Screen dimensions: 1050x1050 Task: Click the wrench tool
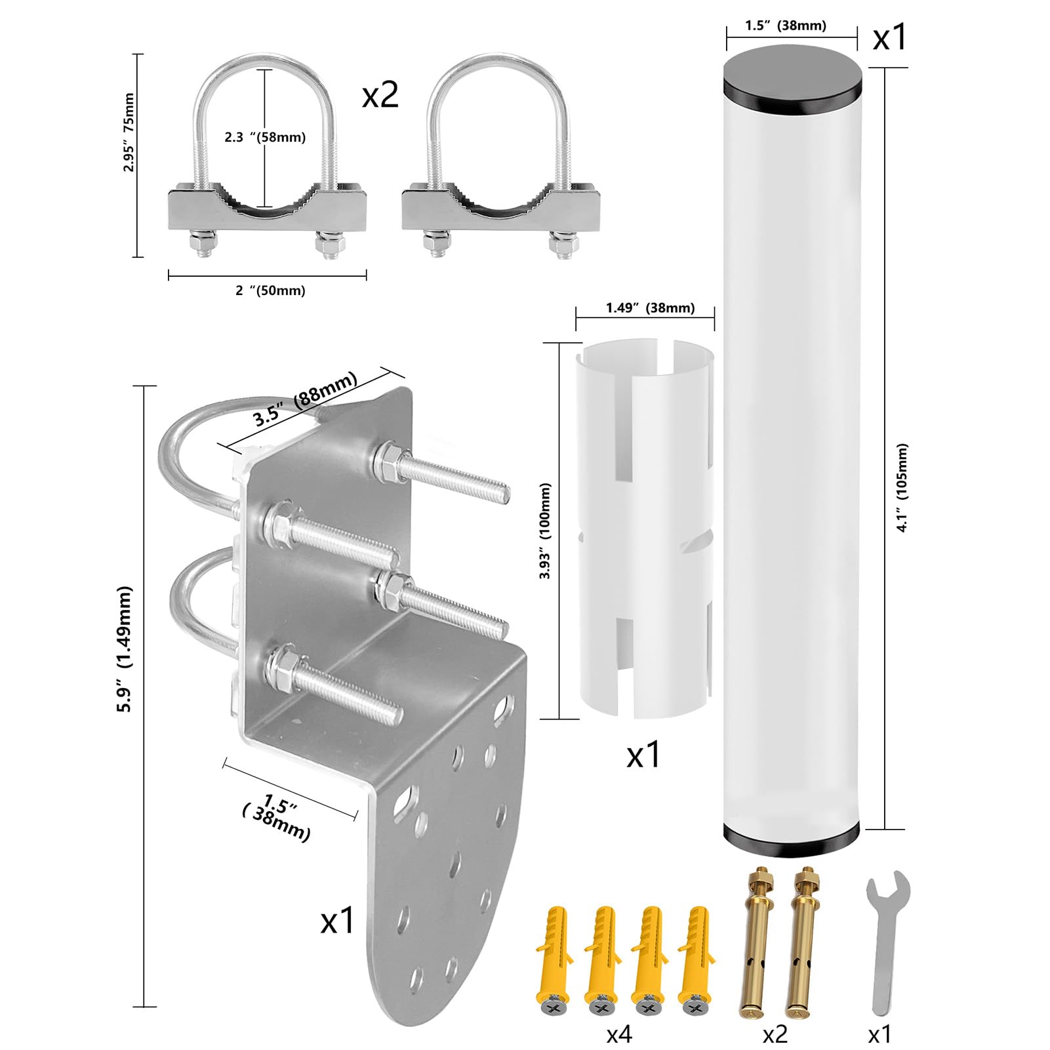pos(886,941)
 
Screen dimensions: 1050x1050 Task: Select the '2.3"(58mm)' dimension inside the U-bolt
pos(265,137)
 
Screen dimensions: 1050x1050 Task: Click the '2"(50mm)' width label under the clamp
pos(270,290)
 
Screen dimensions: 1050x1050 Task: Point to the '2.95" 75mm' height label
pos(129,132)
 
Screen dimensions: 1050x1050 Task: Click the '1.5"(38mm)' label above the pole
pos(786,26)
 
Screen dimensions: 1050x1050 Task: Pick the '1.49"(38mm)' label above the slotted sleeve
pos(650,308)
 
